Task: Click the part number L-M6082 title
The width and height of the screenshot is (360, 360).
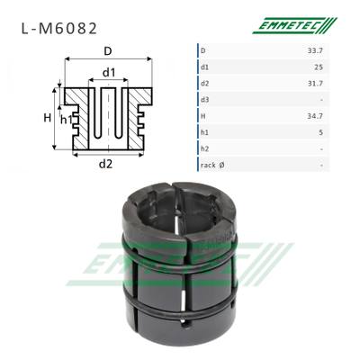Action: tap(59, 29)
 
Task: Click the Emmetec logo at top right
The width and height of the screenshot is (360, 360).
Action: tap(295, 25)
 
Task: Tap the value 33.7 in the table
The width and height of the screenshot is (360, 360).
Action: tap(315, 50)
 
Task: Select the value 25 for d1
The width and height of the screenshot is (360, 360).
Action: tap(319, 67)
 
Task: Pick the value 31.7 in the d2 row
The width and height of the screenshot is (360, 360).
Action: tap(315, 84)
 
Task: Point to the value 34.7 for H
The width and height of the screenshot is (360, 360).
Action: tap(315, 116)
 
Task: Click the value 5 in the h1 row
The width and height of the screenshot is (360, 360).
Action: tap(321, 132)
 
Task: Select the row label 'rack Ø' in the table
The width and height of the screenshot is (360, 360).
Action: tap(212, 165)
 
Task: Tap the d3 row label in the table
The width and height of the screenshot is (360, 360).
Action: tap(204, 100)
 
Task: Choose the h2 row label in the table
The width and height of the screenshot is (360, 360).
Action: tap(204, 148)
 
